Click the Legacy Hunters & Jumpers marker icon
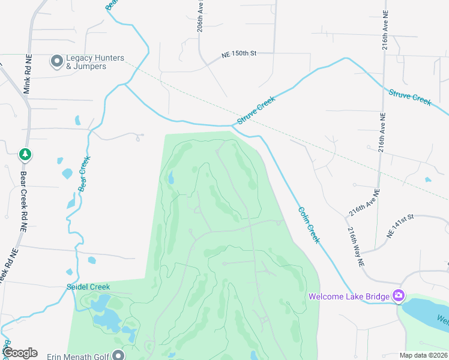[x=58, y=61]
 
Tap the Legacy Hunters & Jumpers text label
[x=95, y=62]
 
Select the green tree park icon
[x=25, y=155]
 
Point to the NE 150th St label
[x=239, y=53]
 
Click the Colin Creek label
[x=309, y=225]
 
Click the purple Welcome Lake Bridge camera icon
[x=398, y=295]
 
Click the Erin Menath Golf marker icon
[x=119, y=355]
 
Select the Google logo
[x=20, y=353]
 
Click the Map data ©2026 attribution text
[x=423, y=355]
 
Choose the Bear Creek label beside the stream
[x=84, y=174]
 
